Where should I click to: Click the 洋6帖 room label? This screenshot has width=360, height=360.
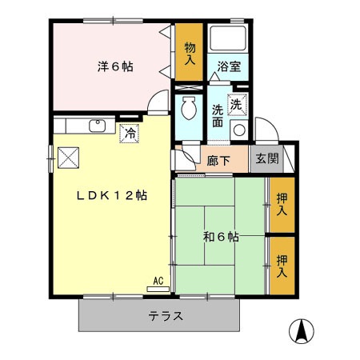click(116, 67)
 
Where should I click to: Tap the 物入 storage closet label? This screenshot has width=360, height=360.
click(190, 54)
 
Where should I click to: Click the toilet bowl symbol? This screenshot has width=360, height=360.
click(189, 106)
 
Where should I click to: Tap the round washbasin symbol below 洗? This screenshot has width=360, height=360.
click(238, 130)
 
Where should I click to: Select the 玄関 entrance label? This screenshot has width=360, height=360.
click(267, 158)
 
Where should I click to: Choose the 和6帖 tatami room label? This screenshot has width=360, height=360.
click(222, 237)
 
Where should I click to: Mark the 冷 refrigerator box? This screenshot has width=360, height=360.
click(128, 133)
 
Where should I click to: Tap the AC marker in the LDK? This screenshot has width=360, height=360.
click(158, 281)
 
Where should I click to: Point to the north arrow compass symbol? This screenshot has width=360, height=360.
click(302, 330)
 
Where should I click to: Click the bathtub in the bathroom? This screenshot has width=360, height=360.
click(230, 40)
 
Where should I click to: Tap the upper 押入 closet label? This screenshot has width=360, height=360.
click(282, 205)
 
